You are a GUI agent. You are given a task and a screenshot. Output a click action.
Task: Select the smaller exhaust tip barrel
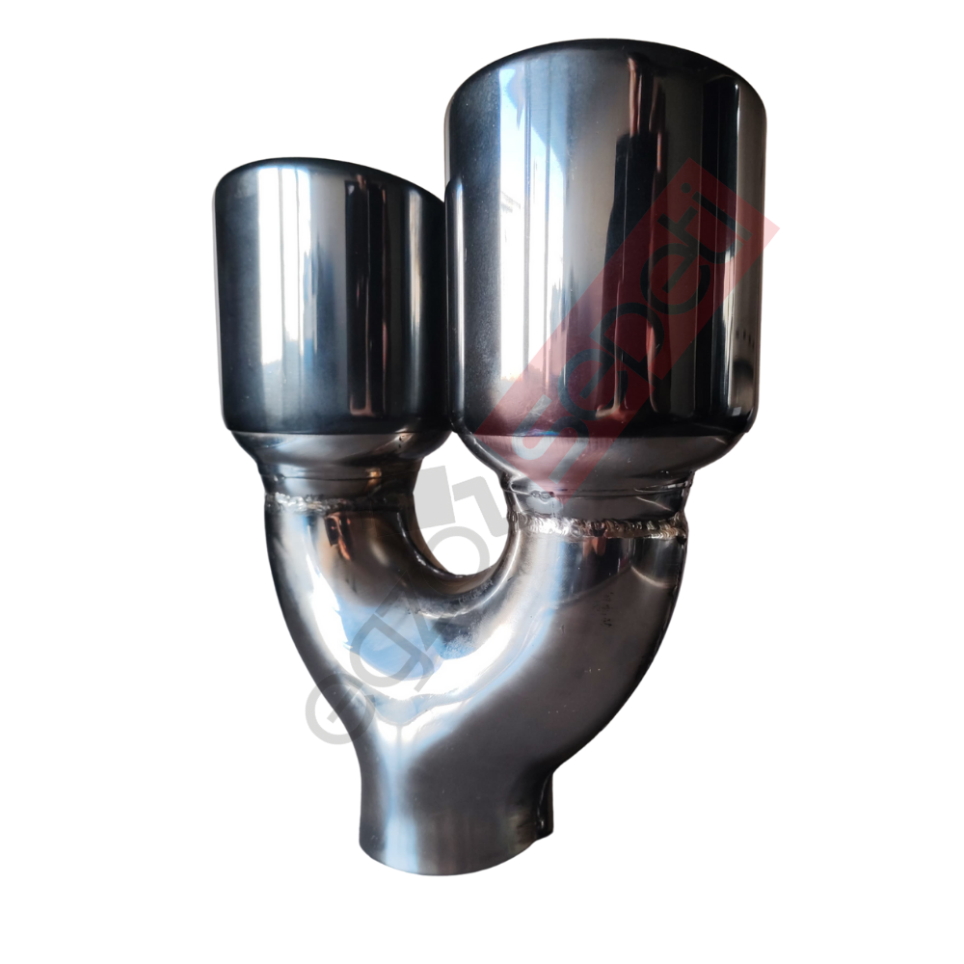(328, 299)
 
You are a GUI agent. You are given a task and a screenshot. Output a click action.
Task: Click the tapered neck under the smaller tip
(337, 458)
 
